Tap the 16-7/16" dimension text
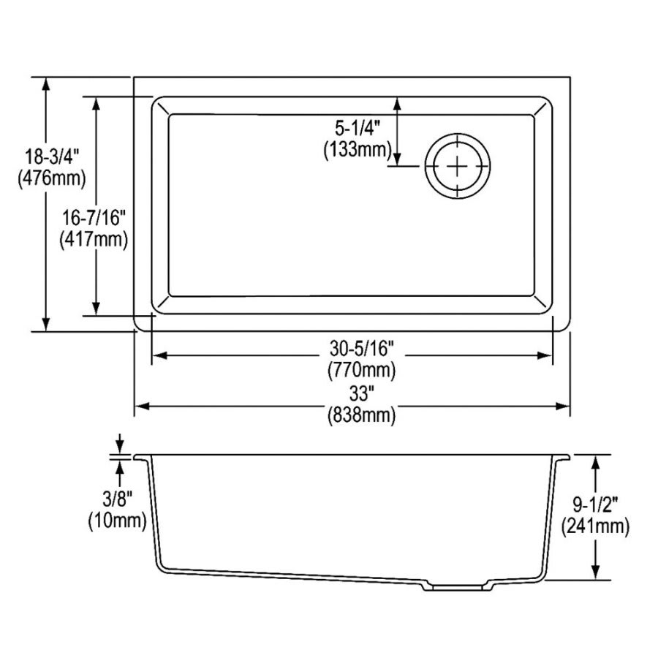coord(95,217)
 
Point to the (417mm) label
coord(95,238)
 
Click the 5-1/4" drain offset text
coord(358,129)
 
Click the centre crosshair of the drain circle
coord(457,166)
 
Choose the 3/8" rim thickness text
coord(118,500)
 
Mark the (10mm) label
coord(118,521)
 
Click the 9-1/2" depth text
coord(596,504)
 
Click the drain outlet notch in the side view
coord(455,586)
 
